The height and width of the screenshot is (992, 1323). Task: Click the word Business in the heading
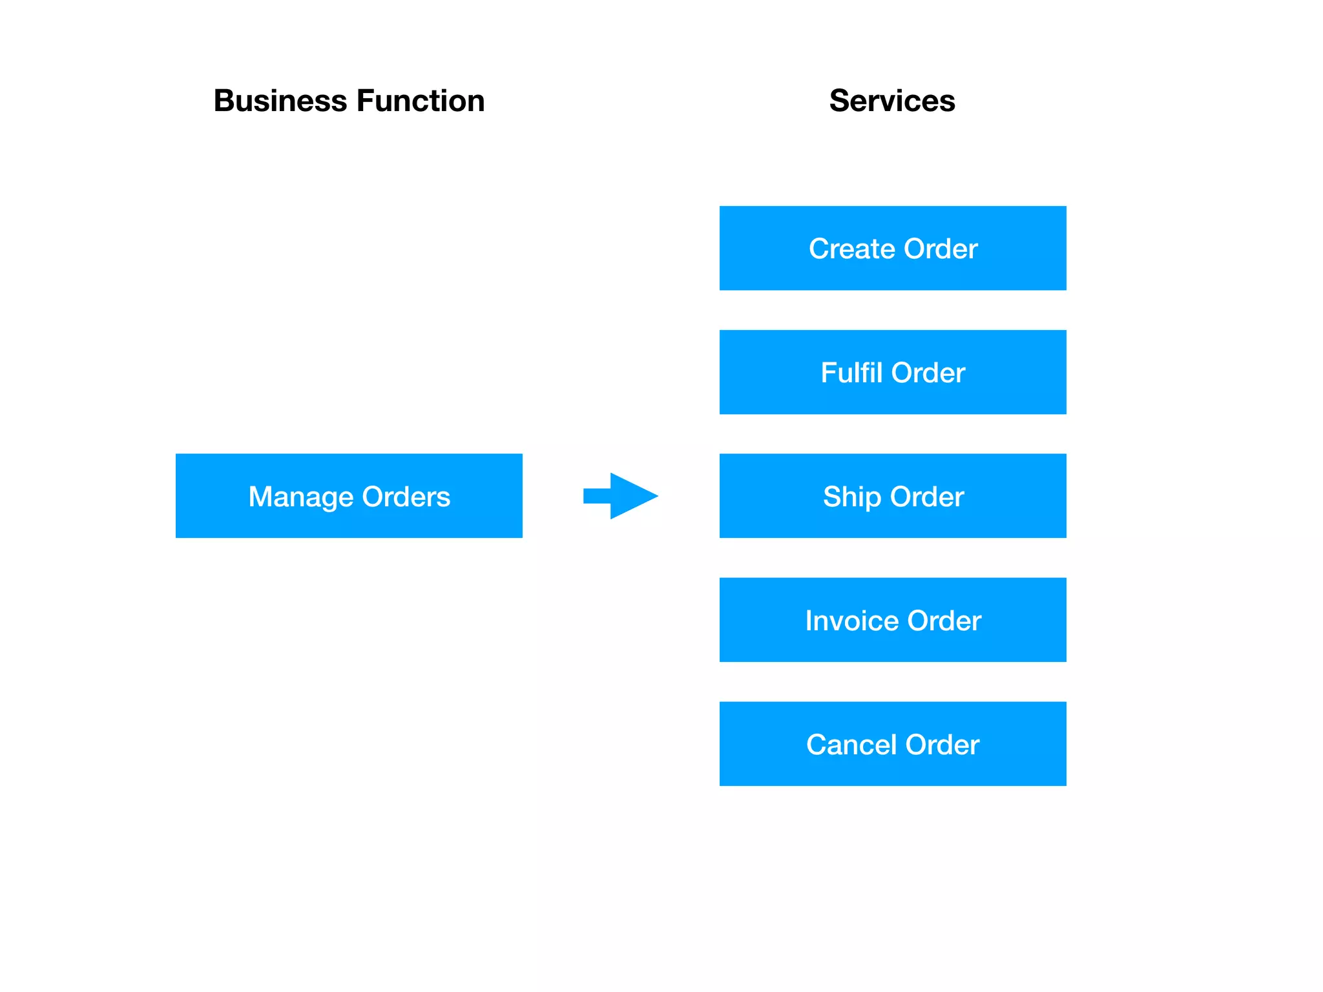click(281, 101)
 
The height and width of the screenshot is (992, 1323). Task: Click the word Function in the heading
click(421, 101)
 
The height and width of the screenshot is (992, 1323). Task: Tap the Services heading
click(892, 101)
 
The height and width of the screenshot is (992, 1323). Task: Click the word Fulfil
click(851, 373)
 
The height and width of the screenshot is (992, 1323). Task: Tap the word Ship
click(851, 497)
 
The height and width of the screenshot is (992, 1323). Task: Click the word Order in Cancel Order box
click(943, 745)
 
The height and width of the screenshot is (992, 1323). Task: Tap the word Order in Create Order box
click(941, 249)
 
